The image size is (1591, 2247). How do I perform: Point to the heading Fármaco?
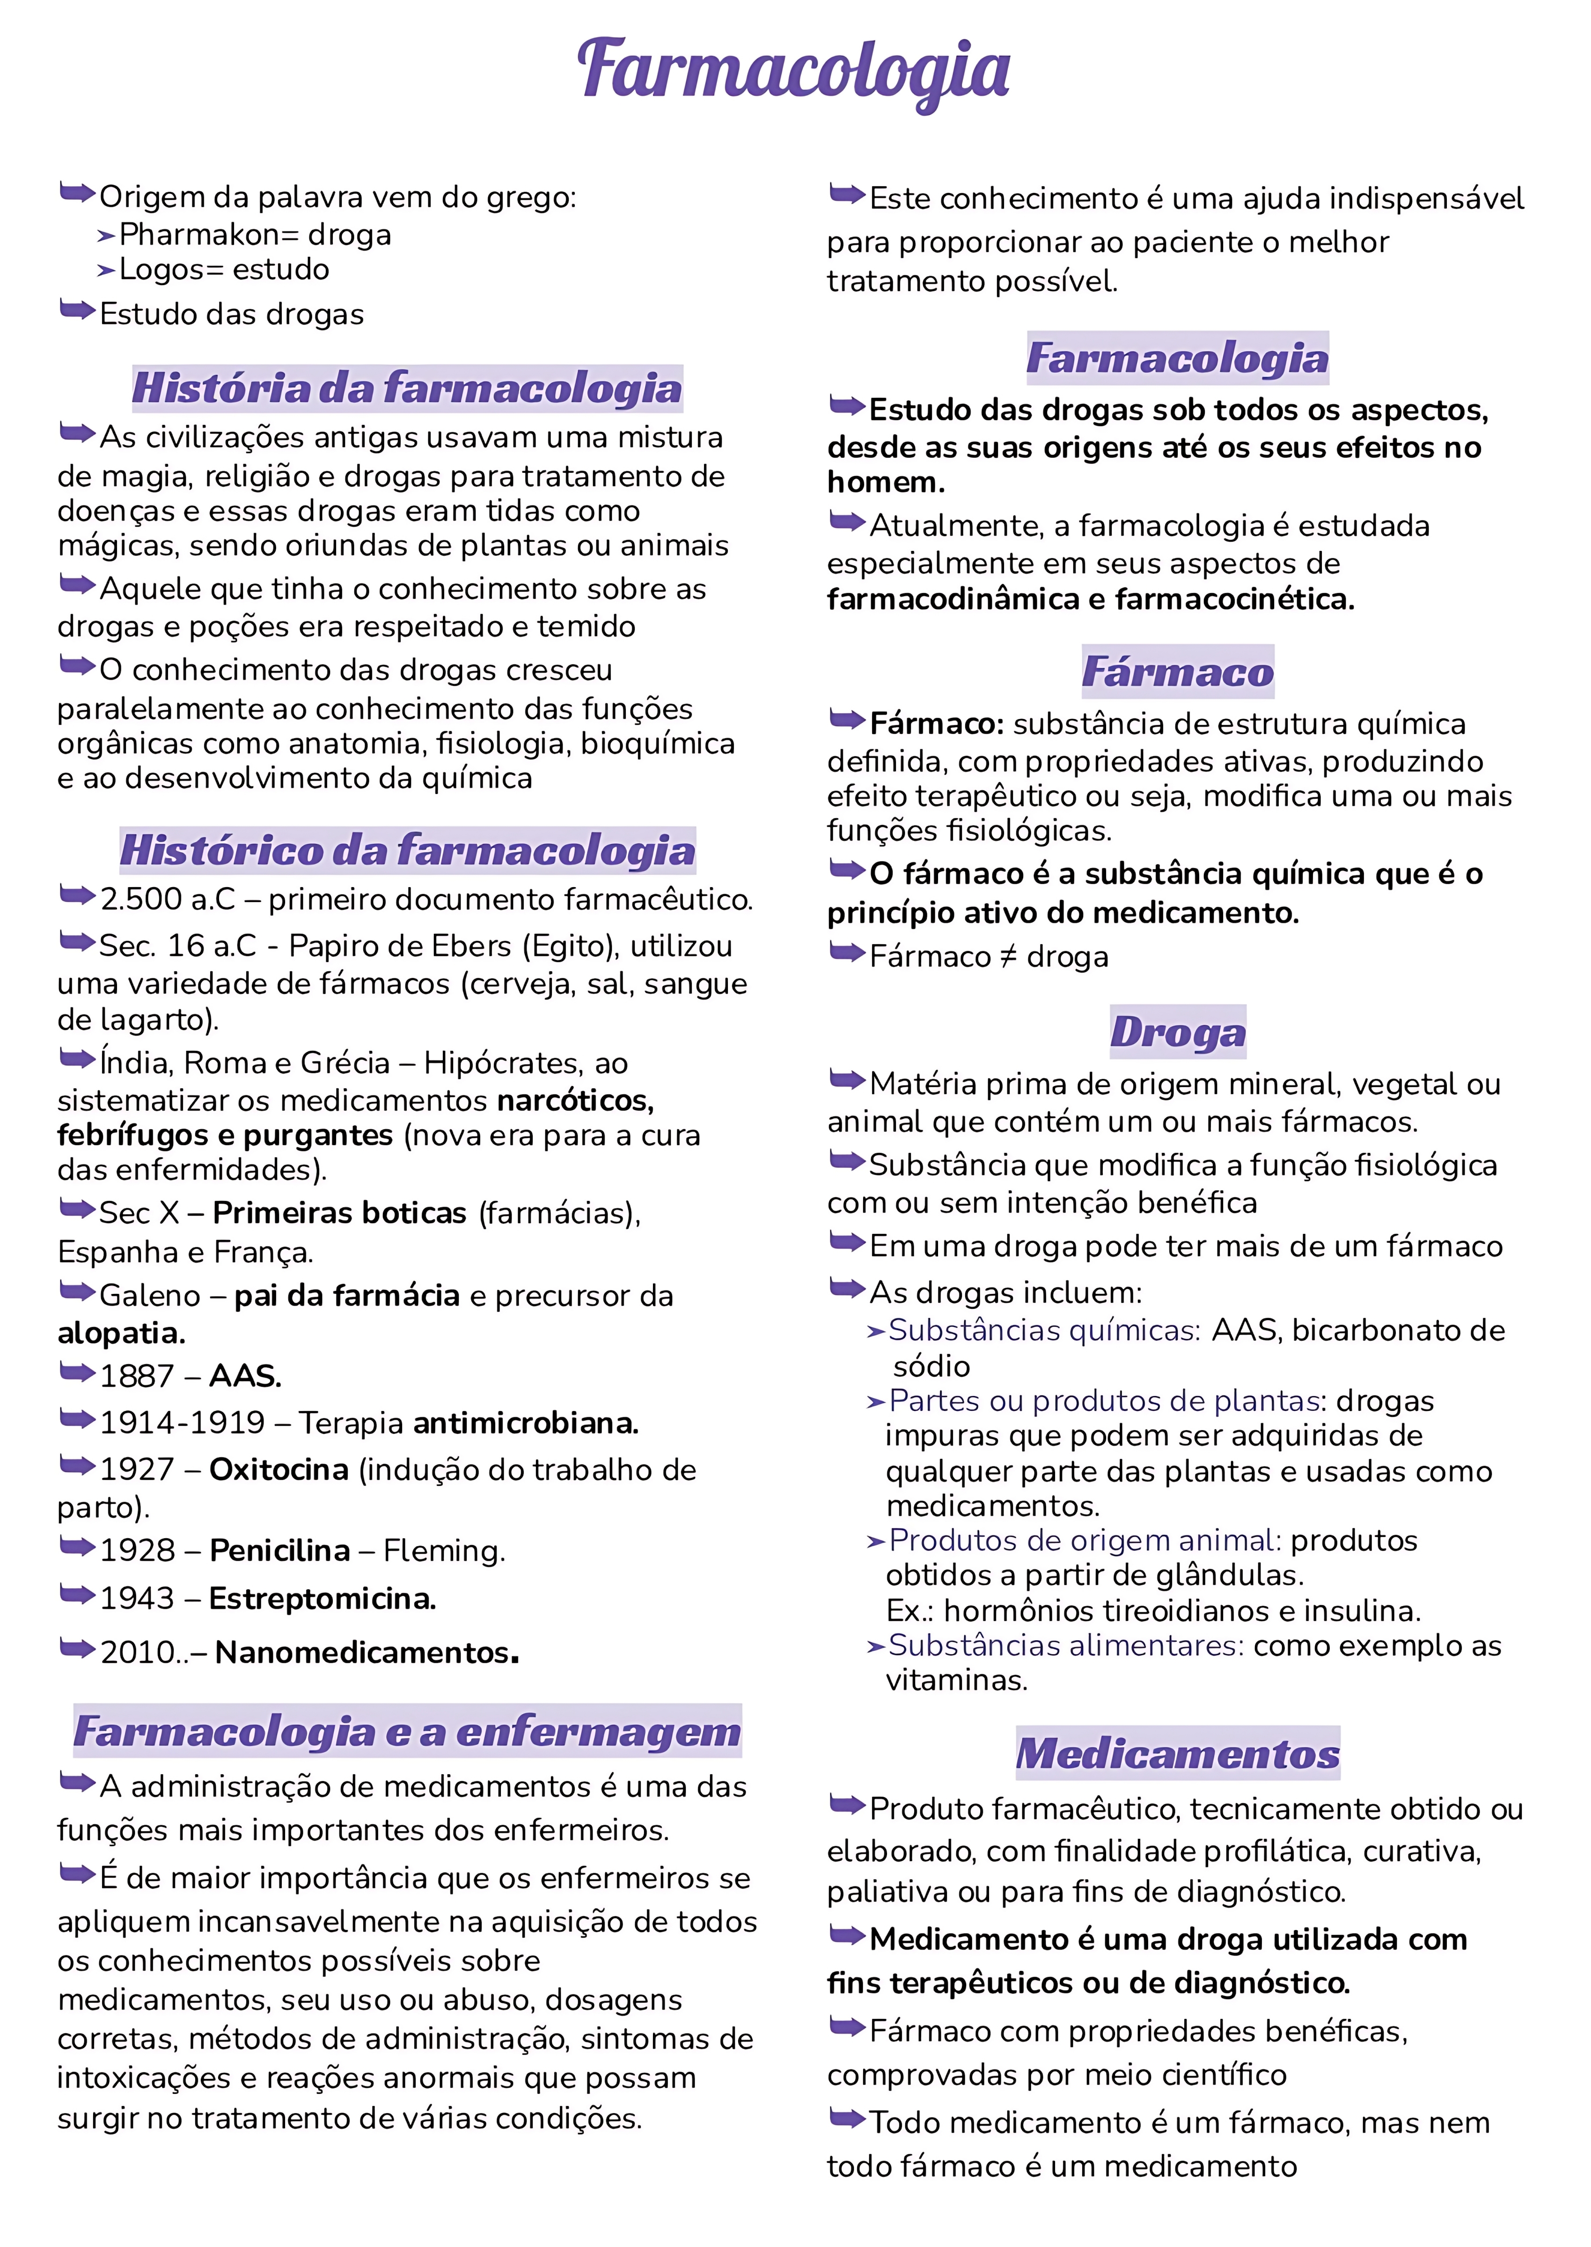click(1178, 672)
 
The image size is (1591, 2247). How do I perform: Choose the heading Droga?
click(1178, 1032)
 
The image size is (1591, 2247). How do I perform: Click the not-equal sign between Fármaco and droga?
click(1008, 957)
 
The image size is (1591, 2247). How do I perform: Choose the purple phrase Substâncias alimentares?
click(1065, 1645)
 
